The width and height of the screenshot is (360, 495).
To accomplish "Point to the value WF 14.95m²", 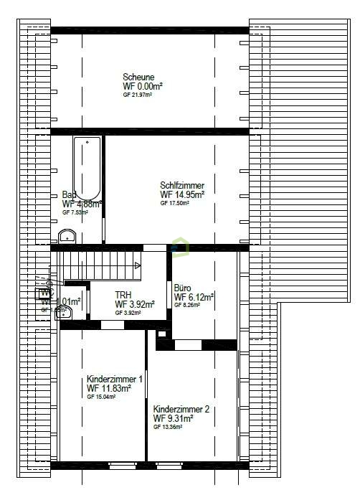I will click(x=182, y=194).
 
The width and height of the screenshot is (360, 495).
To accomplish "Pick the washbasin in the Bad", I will click(x=68, y=235).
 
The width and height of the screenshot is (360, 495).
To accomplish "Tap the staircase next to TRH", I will click(x=101, y=265).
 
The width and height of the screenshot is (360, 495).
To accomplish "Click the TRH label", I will click(x=123, y=295).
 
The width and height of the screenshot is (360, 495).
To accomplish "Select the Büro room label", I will click(x=184, y=287).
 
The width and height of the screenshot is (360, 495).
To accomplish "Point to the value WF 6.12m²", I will click(x=194, y=296).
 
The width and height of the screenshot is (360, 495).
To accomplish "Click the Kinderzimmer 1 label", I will click(x=115, y=379).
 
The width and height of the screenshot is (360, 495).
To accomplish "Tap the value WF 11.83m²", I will click(x=109, y=388).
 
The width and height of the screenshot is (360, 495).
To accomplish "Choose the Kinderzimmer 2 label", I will click(x=181, y=410).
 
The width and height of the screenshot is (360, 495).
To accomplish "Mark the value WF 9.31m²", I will click(x=174, y=418).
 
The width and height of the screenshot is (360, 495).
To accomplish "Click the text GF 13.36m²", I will click(x=168, y=427).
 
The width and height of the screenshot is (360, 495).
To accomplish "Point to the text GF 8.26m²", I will click(x=186, y=305).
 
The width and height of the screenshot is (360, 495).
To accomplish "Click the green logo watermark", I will click(x=179, y=247).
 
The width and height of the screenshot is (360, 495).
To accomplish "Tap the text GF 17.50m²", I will click(x=174, y=203).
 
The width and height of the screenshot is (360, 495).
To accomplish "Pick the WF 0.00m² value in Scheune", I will click(x=143, y=86).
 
